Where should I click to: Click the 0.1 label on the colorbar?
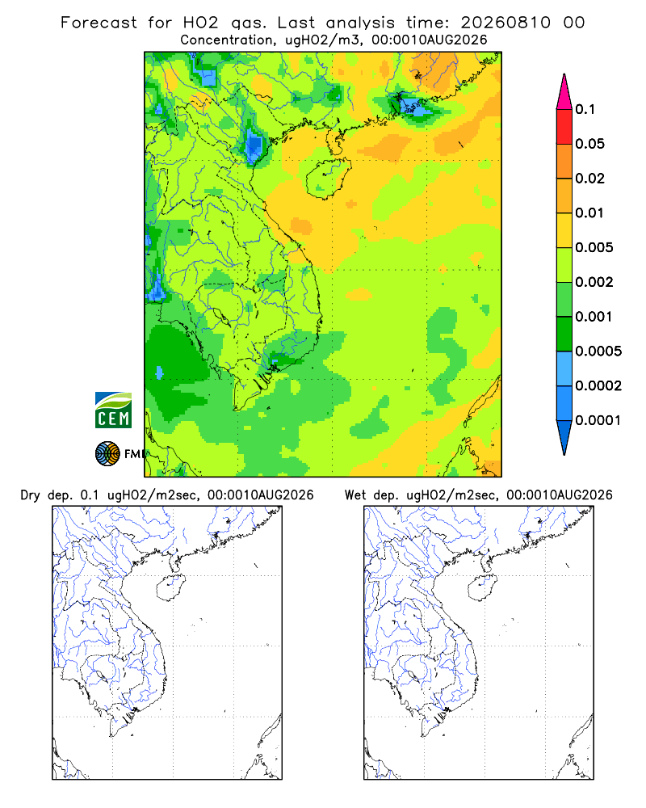[585, 109]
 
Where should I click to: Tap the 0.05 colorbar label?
[589, 144]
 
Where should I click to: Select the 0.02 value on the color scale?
[589, 179]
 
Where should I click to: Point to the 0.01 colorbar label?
[589, 213]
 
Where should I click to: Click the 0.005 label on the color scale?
[594, 247]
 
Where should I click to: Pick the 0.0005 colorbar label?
[598, 351]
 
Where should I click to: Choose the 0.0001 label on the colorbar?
[598, 420]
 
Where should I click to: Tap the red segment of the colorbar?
[564, 127]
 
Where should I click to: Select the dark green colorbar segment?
[564, 334]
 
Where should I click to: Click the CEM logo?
[113, 410]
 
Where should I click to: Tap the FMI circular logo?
[107, 454]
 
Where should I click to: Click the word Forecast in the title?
[99, 23]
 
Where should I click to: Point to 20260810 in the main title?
[505, 23]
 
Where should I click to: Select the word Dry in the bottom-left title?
[30, 496]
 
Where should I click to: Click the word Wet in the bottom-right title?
[355, 495]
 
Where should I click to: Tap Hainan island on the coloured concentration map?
[328, 178]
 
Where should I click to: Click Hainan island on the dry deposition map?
[170, 587]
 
